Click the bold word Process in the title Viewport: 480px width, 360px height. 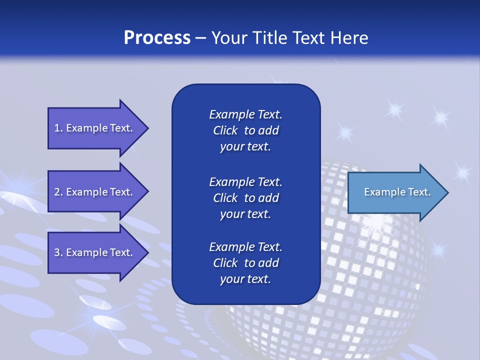coord(157,38)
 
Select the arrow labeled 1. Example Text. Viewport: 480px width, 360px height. coord(95,128)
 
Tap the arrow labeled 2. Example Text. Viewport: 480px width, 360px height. coord(95,192)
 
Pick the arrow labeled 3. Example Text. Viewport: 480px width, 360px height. coord(95,252)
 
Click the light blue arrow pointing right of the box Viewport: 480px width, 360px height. coord(395,192)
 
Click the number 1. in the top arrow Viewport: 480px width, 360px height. coord(58,128)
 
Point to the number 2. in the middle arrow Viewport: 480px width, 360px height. coord(58,192)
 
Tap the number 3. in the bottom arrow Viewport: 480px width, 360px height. coord(58,252)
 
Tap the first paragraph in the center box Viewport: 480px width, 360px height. coord(245,130)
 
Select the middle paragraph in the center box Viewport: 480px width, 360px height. coord(245,197)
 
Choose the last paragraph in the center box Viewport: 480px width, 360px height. coord(245,263)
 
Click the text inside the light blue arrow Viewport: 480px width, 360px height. coord(397,192)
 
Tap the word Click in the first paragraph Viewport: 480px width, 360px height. coord(225,130)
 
